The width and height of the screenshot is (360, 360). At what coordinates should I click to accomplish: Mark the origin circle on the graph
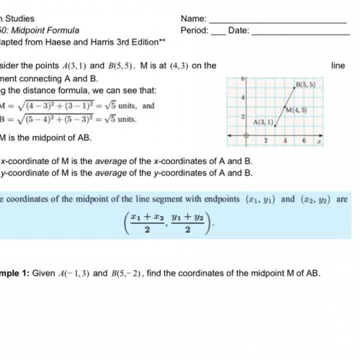[246, 135]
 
